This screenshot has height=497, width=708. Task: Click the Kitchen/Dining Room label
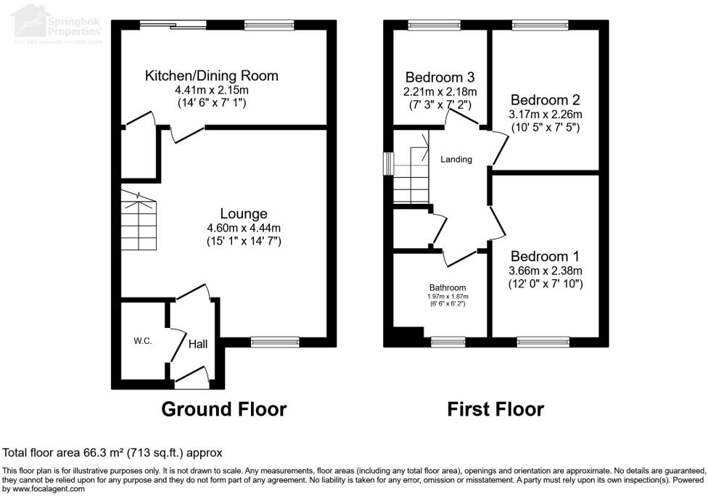(x=211, y=75)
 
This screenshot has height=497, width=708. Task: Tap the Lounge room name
(x=244, y=213)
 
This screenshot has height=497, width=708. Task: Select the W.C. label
(x=142, y=341)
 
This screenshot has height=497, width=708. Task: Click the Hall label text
(x=198, y=344)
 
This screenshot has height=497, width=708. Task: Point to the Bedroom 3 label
(x=440, y=78)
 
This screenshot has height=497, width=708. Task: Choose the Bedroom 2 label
(x=546, y=100)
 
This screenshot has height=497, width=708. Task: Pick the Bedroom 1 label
(x=546, y=256)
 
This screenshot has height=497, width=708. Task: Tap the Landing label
(x=456, y=160)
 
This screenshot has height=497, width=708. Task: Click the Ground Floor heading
(x=223, y=409)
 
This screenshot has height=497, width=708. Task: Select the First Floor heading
(x=495, y=409)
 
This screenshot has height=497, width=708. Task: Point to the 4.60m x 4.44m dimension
(x=244, y=227)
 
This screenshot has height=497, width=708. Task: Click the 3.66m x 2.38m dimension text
(x=546, y=270)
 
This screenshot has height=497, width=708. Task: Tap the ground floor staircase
(x=138, y=221)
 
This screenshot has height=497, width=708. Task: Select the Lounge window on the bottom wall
(x=275, y=342)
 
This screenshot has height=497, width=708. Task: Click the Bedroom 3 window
(x=429, y=25)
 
